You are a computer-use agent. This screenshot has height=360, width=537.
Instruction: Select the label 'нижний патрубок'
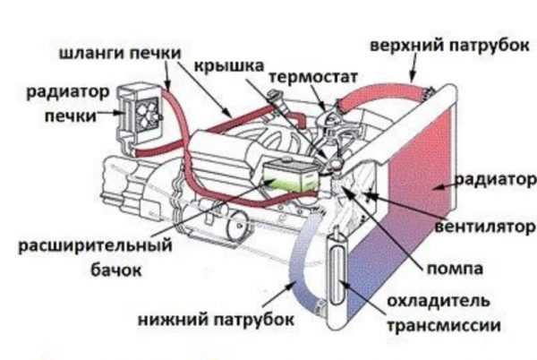click(204, 317)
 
